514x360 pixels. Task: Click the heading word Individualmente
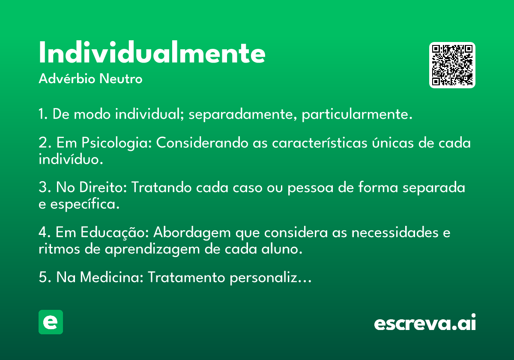point(152,54)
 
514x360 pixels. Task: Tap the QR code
point(452,65)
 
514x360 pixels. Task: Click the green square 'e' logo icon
point(51,322)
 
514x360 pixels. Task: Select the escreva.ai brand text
point(425,323)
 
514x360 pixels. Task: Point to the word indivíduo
point(71,159)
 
